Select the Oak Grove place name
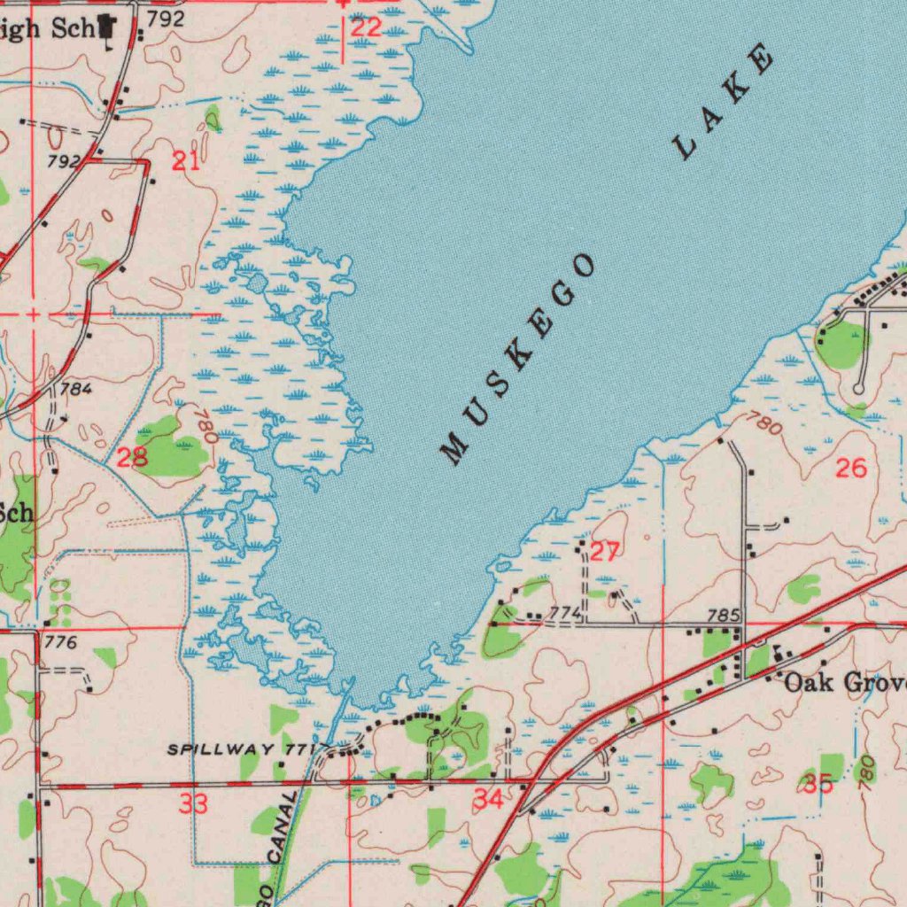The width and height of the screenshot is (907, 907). [845, 683]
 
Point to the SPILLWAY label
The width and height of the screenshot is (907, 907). [221, 749]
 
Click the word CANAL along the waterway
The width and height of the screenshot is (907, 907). [283, 829]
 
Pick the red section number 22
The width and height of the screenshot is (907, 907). [366, 28]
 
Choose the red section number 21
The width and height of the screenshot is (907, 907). [185, 161]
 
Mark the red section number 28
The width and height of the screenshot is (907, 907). [132, 457]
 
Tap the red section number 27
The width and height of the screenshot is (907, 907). [604, 553]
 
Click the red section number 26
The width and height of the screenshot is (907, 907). [850, 469]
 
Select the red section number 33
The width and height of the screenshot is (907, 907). [193, 804]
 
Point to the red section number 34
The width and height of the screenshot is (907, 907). [488, 800]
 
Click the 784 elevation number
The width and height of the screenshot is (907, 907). [76, 388]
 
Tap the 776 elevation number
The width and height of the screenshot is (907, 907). [61, 642]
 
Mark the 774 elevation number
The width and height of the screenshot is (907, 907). [564, 613]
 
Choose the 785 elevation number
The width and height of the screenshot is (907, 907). [723, 614]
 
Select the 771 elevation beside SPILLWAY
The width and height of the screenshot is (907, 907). [298, 749]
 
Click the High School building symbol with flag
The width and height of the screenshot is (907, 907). [108, 28]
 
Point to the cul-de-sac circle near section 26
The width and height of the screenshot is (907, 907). [857, 389]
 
